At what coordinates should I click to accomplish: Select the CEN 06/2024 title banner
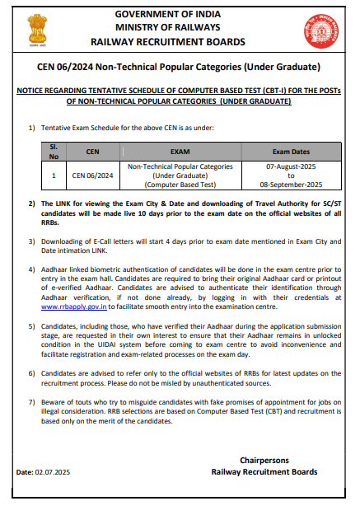(x=180, y=66)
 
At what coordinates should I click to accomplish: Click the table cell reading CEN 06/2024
(x=91, y=176)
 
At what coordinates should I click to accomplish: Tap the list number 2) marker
(x=31, y=202)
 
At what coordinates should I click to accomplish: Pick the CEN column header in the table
(x=91, y=152)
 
